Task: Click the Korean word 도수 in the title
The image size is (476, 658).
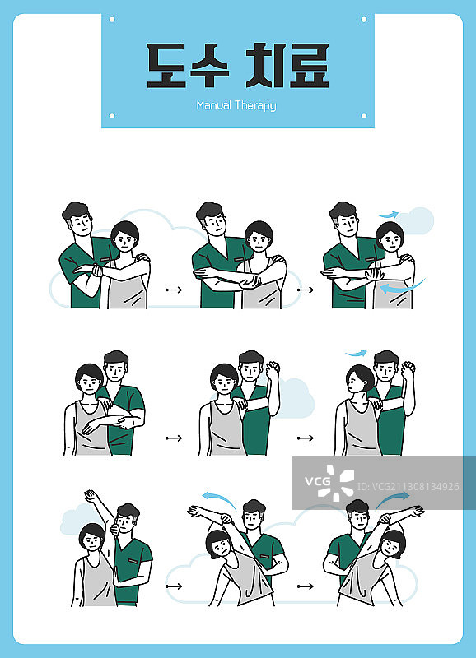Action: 188,66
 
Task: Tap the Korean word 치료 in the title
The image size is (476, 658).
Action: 287,66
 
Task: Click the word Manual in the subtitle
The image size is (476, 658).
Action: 214,105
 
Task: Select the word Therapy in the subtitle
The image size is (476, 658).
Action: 255,105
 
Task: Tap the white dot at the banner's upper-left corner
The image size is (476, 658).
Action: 112,19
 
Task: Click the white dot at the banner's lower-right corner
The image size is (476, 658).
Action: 364,115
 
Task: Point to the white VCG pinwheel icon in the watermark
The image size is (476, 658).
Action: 336,483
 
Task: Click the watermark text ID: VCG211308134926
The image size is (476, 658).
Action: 408,487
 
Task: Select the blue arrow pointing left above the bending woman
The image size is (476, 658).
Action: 218,498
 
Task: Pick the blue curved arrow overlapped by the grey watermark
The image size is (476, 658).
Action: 393,499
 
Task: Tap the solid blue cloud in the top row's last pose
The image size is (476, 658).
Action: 415,220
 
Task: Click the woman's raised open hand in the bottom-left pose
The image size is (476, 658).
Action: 90,496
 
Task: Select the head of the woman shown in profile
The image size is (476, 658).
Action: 360,378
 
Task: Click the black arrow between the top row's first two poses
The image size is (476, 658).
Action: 174,290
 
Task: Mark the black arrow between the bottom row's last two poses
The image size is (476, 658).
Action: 306,586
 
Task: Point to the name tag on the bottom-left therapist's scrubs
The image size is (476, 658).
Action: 133,561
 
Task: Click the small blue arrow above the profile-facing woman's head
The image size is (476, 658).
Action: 356,354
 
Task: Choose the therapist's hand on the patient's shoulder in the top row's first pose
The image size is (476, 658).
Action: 142,257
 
